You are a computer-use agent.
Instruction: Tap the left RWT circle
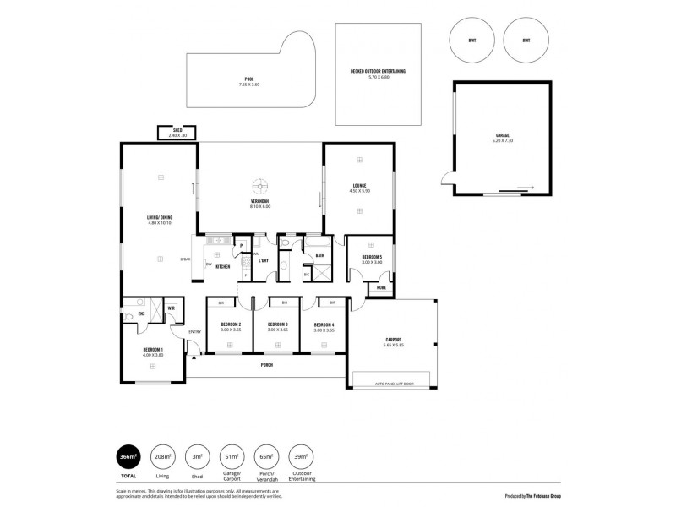point(472,41)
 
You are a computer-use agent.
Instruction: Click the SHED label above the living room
point(177,131)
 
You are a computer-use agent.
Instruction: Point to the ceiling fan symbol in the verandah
point(261,187)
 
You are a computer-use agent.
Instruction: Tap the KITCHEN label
point(223,266)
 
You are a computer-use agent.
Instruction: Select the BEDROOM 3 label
point(278,324)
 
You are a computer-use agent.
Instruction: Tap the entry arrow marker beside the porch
point(194,359)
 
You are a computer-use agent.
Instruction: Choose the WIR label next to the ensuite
point(170,308)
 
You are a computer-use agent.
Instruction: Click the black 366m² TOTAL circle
point(129,457)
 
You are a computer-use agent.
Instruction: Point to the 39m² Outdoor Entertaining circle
point(298,457)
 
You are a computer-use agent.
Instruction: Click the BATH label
point(320,254)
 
